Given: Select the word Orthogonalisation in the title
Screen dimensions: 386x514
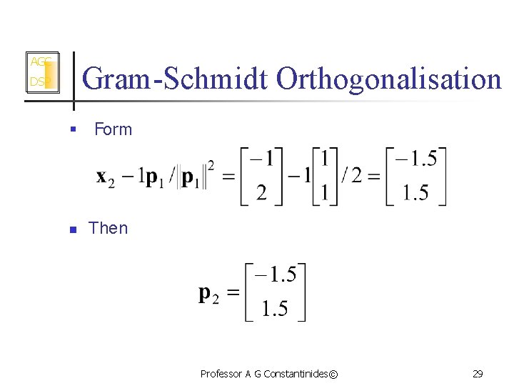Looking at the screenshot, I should click(389, 79).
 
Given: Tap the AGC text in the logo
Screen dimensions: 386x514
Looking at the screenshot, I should click(39, 61).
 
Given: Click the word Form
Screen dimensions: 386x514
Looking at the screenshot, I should click(113, 129).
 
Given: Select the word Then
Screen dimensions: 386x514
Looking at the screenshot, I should click(108, 228).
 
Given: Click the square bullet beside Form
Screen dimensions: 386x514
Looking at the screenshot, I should click(72, 130).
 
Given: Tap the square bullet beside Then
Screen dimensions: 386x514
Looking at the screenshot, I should click(72, 229).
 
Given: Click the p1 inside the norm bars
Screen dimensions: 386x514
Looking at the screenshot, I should click(192, 177).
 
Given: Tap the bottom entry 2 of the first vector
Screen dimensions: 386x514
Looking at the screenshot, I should click(262, 193).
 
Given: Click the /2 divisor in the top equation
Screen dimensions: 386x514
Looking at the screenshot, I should click(351, 177).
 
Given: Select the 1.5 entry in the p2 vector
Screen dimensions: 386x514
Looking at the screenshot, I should click(275, 309).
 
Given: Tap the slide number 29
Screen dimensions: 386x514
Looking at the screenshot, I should click(478, 374).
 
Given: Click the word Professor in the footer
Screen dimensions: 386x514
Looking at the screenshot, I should click(221, 374).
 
